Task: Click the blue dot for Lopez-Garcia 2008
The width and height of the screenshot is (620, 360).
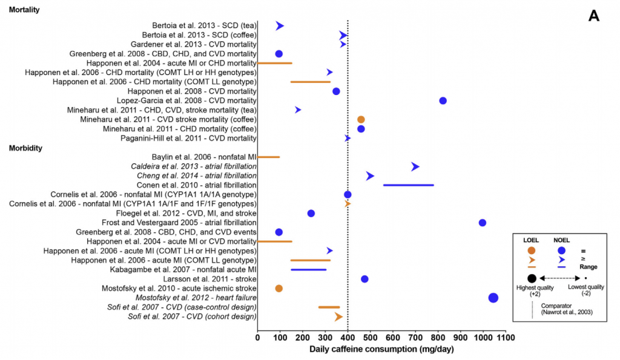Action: (x=443, y=100)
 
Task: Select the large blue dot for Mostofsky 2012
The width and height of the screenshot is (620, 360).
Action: (x=493, y=298)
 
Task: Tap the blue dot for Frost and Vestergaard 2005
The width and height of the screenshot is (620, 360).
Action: (x=482, y=223)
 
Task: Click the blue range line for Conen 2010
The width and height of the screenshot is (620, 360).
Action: (x=408, y=185)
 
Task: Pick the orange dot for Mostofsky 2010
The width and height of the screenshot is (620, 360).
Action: (x=279, y=288)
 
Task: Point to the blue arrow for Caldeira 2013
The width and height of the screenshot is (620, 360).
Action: (x=415, y=166)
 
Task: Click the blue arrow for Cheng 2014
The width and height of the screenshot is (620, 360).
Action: (x=370, y=175)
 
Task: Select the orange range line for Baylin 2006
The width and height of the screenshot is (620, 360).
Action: (x=269, y=157)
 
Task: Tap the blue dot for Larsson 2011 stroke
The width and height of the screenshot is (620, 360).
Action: (x=364, y=279)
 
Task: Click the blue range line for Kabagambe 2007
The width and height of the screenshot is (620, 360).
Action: (x=308, y=269)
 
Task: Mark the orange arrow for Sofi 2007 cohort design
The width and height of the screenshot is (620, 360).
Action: (x=338, y=316)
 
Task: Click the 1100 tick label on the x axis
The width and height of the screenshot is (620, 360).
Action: (x=505, y=336)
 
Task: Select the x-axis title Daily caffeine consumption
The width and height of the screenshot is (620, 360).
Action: (x=381, y=349)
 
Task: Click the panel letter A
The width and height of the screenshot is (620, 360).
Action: (x=593, y=17)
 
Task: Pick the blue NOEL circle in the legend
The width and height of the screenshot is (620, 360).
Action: (x=561, y=250)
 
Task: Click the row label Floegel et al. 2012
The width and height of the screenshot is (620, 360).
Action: (x=186, y=214)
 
